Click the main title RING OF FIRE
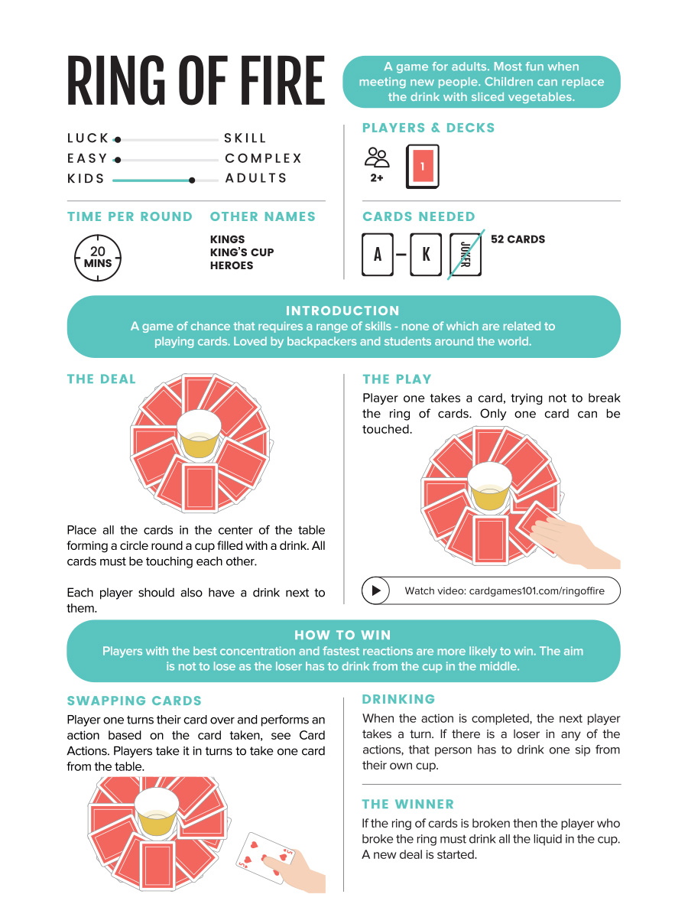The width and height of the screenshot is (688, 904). click(x=196, y=81)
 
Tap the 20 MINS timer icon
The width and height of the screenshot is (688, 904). click(x=98, y=258)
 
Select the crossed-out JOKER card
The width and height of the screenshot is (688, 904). click(x=466, y=255)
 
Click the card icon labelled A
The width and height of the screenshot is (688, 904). click(x=378, y=255)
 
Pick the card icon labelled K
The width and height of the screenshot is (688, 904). click(x=426, y=255)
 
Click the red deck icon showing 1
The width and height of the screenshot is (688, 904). click(x=423, y=166)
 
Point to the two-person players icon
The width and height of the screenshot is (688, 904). click(x=376, y=158)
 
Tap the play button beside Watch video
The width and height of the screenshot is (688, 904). click(x=376, y=590)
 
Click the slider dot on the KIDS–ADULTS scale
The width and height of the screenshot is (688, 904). click(x=192, y=180)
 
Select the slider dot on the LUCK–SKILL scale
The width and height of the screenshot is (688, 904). click(x=117, y=140)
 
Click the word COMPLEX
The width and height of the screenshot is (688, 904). click(x=264, y=158)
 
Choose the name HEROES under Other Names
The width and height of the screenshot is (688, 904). click(x=232, y=265)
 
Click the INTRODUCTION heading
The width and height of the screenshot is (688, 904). click(x=342, y=311)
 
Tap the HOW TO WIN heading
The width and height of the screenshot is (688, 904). click(x=342, y=635)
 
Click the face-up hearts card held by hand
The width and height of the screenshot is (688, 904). click(x=261, y=857)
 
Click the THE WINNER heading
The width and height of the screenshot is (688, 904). click(x=408, y=804)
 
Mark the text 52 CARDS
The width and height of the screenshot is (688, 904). click(x=518, y=239)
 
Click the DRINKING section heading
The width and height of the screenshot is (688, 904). click(x=398, y=699)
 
